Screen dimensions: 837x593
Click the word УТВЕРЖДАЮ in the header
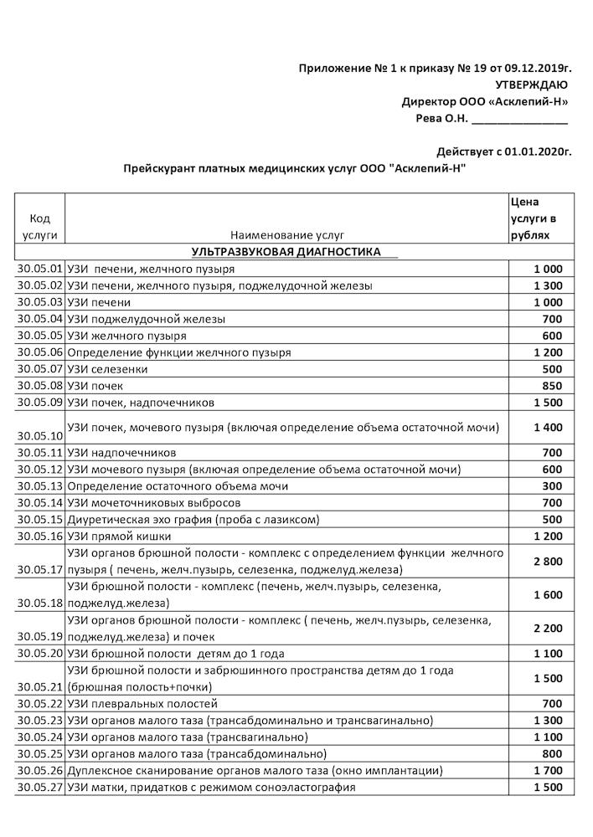click(532, 85)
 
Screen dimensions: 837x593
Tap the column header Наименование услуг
click(286, 236)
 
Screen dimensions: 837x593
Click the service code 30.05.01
click(39, 269)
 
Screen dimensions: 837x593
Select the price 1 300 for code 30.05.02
click(548, 285)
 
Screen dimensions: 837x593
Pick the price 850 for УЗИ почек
click(553, 386)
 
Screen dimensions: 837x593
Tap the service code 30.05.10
click(39, 436)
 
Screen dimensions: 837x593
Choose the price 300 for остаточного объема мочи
click(553, 486)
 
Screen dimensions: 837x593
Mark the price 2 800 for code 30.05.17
click(548, 562)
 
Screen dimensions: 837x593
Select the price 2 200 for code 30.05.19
click(548, 627)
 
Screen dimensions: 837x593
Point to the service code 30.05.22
click(39, 703)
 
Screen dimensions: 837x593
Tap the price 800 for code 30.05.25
click(553, 753)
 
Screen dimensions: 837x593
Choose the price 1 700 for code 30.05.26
click(548, 770)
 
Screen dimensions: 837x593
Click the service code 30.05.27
click(39, 787)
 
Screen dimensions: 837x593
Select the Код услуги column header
click(40, 227)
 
